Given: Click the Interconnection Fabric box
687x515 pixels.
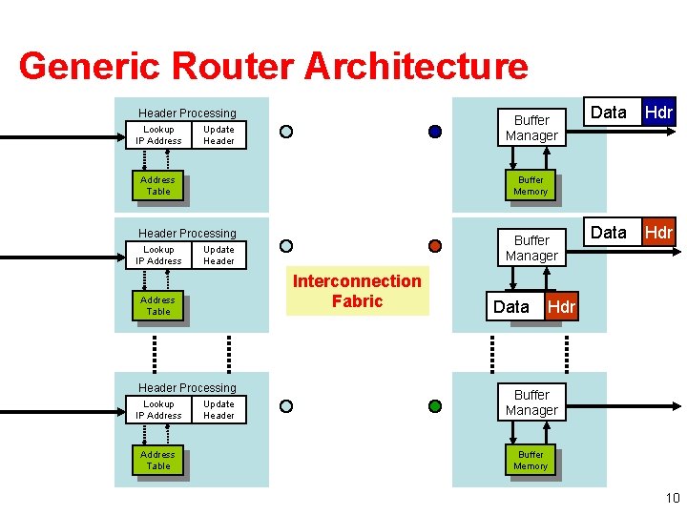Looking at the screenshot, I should tap(357, 291).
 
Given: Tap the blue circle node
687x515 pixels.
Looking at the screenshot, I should tap(435, 132).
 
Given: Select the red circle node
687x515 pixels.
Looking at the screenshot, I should tap(435, 246).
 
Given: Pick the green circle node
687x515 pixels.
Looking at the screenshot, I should tap(435, 405).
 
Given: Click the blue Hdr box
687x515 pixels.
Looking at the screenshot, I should tap(658, 113).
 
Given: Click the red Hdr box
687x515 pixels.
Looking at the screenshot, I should tap(658, 233).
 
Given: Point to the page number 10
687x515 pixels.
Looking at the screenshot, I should tap(672, 497).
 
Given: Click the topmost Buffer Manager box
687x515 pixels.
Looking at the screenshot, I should tap(531, 128).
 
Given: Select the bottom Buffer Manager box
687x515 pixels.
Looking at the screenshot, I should tap(531, 402).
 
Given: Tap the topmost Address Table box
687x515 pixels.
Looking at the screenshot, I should tap(157, 186).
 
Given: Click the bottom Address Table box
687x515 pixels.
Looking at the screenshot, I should tap(157, 461).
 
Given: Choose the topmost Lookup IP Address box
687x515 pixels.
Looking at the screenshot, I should tap(158, 135).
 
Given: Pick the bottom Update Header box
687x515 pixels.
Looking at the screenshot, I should tap(219, 410).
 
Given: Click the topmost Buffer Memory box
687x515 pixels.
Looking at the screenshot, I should tap(531, 186).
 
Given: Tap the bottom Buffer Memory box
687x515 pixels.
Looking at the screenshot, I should tap(531, 461).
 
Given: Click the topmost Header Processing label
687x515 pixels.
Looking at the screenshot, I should tap(187, 113).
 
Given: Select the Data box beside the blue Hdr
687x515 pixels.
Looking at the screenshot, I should tap(609, 113).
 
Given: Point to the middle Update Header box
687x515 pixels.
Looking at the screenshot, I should tap(219, 256).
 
